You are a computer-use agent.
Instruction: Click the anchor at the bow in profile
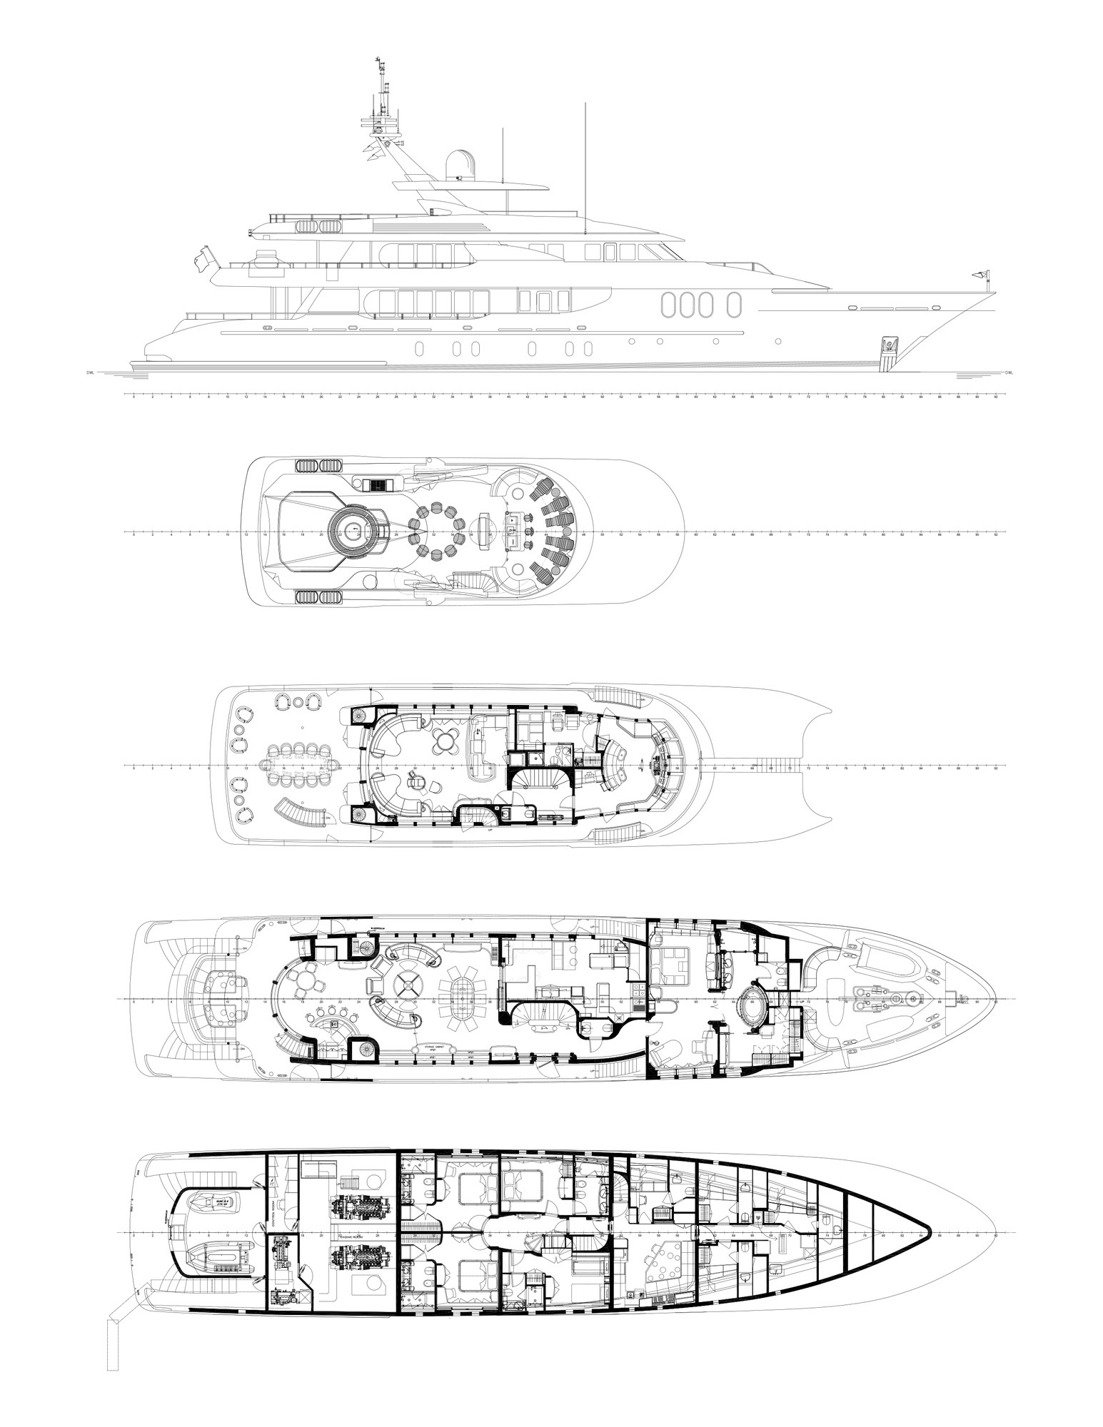click(x=889, y=346)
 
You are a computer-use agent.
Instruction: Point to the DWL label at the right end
click(x=1009, y=372)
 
